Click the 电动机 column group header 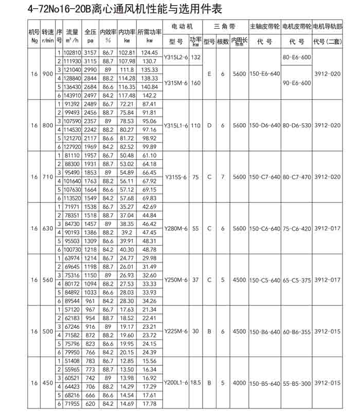click(184, 26)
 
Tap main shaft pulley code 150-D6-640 click(265, 125)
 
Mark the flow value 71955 click(72, 404)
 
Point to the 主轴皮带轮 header click(265, 26)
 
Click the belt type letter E click(209, 74)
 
